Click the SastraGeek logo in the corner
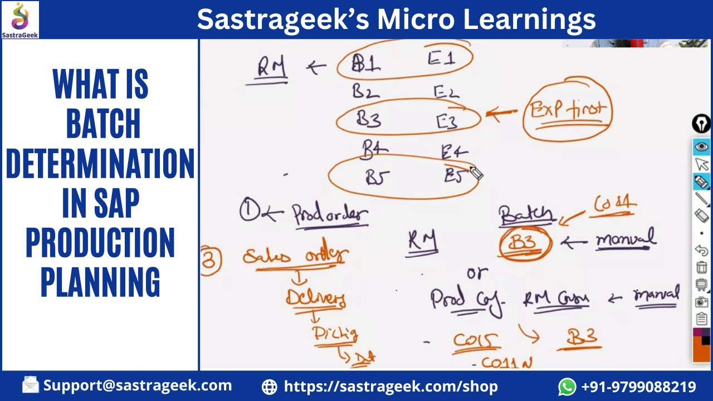(x=20, y=19)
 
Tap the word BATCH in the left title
(x=103, y=124)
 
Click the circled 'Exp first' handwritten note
(x=567, y=110)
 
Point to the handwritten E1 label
(x=442, y=58)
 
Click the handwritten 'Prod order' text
(x=330, y=214)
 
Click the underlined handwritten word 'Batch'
(x=526, y=215)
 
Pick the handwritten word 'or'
(x=477, y=273)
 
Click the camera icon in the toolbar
(x=701, y=302)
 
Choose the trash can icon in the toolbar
(x=701, y=267)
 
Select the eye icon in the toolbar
(x=701, y=146)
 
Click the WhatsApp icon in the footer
(x=567, y=386)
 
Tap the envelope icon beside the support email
(x=31, y=385)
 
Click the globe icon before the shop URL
(x=270, y=387)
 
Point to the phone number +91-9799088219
(x=638, y=387)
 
